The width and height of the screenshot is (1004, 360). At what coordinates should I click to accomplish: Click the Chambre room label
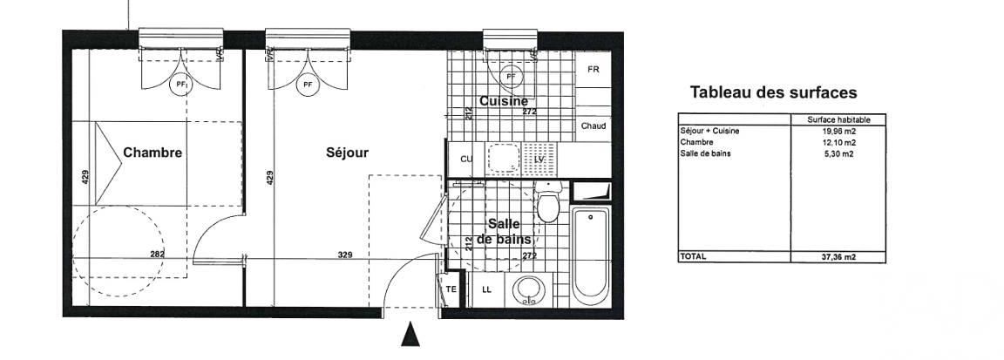pyautogui.click(x=153, y=153)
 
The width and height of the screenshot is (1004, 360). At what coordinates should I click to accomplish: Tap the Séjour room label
pyautogui.click(x=347, y=153)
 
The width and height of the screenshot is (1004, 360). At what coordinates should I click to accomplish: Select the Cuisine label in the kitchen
pyautogui.click(x=504, y=101)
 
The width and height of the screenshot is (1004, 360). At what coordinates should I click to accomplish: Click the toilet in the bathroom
pyautogui.click(x=548, y=201)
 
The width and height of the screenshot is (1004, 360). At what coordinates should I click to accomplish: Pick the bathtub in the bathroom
pyautogui.click(x=590, y=257)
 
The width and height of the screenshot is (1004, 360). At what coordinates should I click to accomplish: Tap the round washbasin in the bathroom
pyautogui.click(x=530, y=290)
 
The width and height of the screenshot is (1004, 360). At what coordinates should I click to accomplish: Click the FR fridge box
pyautogui.click(x=594, y=69)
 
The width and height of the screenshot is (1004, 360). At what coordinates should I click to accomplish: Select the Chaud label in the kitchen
pyautogui.click(x=594, y=126)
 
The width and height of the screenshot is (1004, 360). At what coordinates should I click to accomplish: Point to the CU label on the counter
pyautogui.click(x=467, y=159)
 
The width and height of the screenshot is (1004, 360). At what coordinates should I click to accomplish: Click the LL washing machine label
pyautogui.click(x=486, y=289)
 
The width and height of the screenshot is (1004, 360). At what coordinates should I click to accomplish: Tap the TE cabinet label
pyautogui.click(x=451, y=289)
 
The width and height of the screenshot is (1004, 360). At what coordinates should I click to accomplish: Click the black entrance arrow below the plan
pyautogui.click(x=410, y=334)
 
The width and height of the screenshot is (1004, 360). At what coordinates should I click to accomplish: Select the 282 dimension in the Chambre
pyautogui.click(x=157, y=255)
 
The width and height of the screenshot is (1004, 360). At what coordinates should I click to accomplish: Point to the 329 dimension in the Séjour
pyautogui.click(x=345, y=255)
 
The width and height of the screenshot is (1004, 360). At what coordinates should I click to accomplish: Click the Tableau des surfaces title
pyautogui.click(x=774, y=93)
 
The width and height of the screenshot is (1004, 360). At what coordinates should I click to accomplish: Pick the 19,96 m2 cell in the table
pyautogui.click(x=838, y=132)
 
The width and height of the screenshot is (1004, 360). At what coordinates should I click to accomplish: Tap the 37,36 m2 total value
pyautogui.click(x=838, y=257)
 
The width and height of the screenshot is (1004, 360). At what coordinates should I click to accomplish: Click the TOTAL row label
pyautogui.click(x=694, y=256)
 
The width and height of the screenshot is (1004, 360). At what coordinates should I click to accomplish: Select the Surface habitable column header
pyautogui.click(x=838, y=119)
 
